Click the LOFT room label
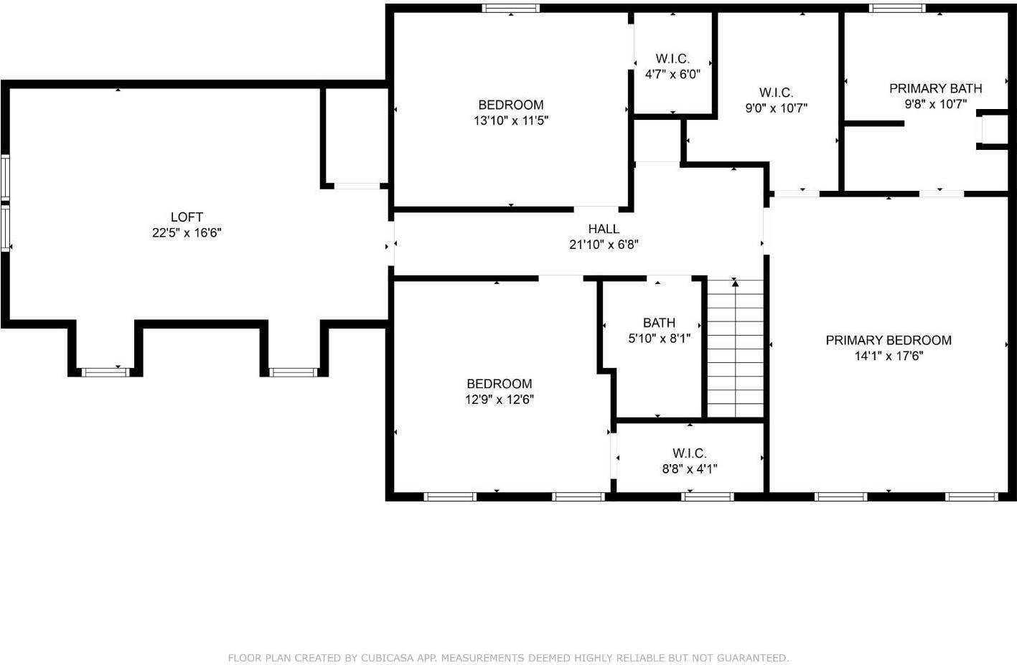pos(187,217)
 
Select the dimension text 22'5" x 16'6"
pos(187,232)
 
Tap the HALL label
pos(604,229)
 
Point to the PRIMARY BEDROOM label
pos(889,340)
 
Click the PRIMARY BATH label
pos(935,88)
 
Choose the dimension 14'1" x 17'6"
pos(889,356)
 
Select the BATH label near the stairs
pos(659,323)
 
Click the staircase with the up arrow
pos(735,349)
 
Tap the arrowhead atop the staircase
pos(735,283)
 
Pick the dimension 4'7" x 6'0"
pos(672,74)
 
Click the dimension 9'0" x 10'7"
pos(776,108)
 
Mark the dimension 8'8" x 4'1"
pos(690,469)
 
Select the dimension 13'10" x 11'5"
pos(511,121)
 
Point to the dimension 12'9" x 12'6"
pos(500,400)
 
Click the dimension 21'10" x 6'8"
pos(604,245)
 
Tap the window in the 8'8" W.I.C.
pos(707,496)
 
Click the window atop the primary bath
pos(897,9)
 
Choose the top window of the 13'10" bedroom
pos(510,9)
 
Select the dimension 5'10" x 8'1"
pos(659,339)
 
